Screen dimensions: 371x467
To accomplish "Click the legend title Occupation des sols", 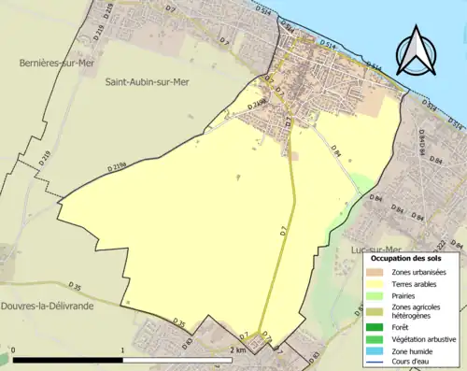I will pos(408,257).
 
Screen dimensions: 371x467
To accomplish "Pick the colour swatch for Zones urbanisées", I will pos(375,271).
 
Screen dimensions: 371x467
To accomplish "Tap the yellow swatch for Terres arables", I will pos(375,282).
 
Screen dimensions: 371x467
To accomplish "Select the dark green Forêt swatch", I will pos(375,327).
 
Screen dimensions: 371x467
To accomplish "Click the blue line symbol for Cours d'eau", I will pos(375,361).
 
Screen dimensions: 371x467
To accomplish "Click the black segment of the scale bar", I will pos(68,360).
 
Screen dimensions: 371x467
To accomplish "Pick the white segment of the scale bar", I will pos(177,360).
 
